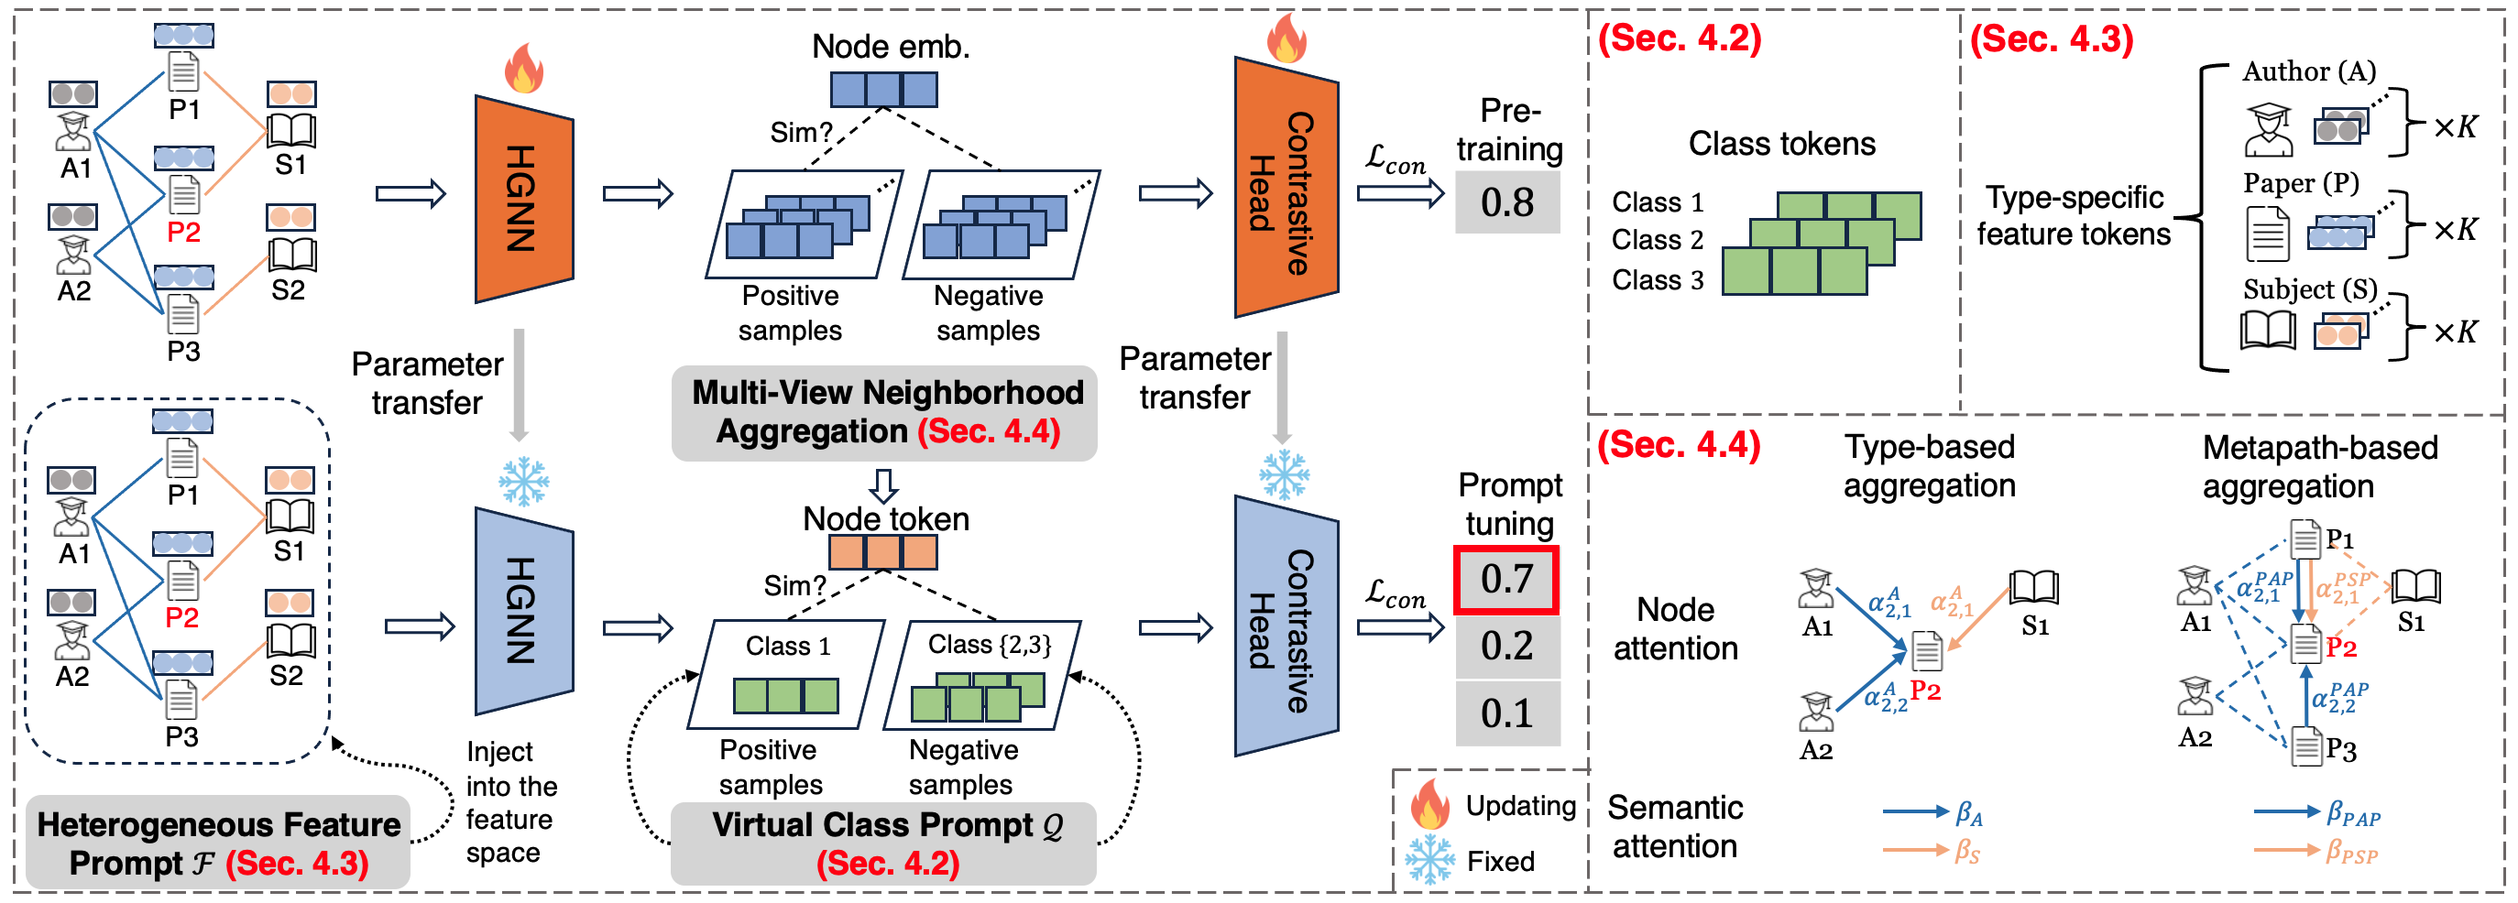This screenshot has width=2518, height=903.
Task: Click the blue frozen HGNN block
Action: click(523, 611)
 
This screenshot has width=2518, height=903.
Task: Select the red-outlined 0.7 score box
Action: click(1506, 580)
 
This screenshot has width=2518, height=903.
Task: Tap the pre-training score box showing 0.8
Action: click(1506, 202)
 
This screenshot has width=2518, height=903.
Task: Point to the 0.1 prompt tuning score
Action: click(1506, 713)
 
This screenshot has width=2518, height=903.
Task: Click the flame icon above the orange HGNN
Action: click(523, 69)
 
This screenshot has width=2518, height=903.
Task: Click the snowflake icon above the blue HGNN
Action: click(524, 481)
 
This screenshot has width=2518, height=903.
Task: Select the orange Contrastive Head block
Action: click(1286, 188)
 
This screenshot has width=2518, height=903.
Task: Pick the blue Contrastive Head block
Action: click(1286, 626)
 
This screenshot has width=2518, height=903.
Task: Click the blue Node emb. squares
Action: click(882, 90)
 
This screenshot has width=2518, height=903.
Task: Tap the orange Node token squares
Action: click(882, 552)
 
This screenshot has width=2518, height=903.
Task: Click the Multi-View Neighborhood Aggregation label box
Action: click(884, 412)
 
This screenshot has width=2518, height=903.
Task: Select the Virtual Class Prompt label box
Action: click(884, 843)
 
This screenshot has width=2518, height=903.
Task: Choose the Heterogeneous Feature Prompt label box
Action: click(218, 843)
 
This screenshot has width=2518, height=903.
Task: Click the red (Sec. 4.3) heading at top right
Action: click(2051, 39)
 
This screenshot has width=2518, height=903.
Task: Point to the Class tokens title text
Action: click(1781, 144)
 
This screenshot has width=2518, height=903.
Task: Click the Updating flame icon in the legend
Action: click(1429, 805)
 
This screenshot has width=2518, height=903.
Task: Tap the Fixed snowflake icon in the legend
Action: click(1429, 860)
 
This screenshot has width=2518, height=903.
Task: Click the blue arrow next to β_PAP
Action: click(2285, 811)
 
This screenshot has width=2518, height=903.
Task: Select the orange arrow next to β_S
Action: click(1914, 850)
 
